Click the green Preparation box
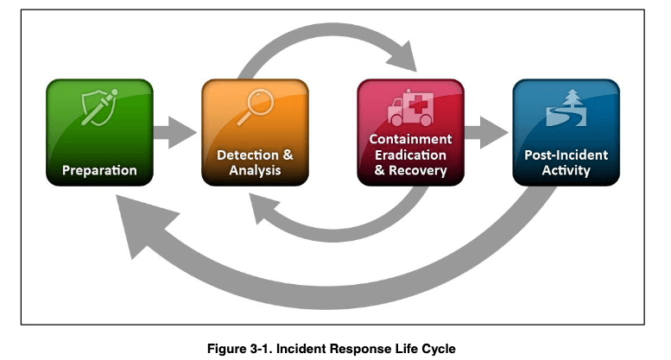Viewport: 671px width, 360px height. pos(99,133)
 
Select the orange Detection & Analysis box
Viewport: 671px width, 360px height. pos(255,133)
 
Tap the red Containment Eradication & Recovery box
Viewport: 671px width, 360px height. pos(411,133)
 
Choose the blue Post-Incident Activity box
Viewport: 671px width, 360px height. pos(567,133)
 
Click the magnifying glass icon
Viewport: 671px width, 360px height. pos(256,107)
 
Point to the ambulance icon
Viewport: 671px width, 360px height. pos(410,108)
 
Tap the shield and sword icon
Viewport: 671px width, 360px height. pos(99,107)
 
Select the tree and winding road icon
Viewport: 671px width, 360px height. pos(567,108)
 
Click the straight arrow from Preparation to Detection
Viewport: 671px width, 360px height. pos(175,133)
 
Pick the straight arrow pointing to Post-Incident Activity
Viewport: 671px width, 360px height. pos(486,133)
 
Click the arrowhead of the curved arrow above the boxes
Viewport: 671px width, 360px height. pos(403,58)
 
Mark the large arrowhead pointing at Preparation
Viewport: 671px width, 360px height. pos(143,224)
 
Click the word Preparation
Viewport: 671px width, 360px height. pos(99,170)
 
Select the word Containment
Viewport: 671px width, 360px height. pos(410,139)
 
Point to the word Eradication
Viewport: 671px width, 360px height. pos(410,155)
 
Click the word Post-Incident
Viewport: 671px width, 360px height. pos(567,155)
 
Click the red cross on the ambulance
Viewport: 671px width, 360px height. pos(417,104)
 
